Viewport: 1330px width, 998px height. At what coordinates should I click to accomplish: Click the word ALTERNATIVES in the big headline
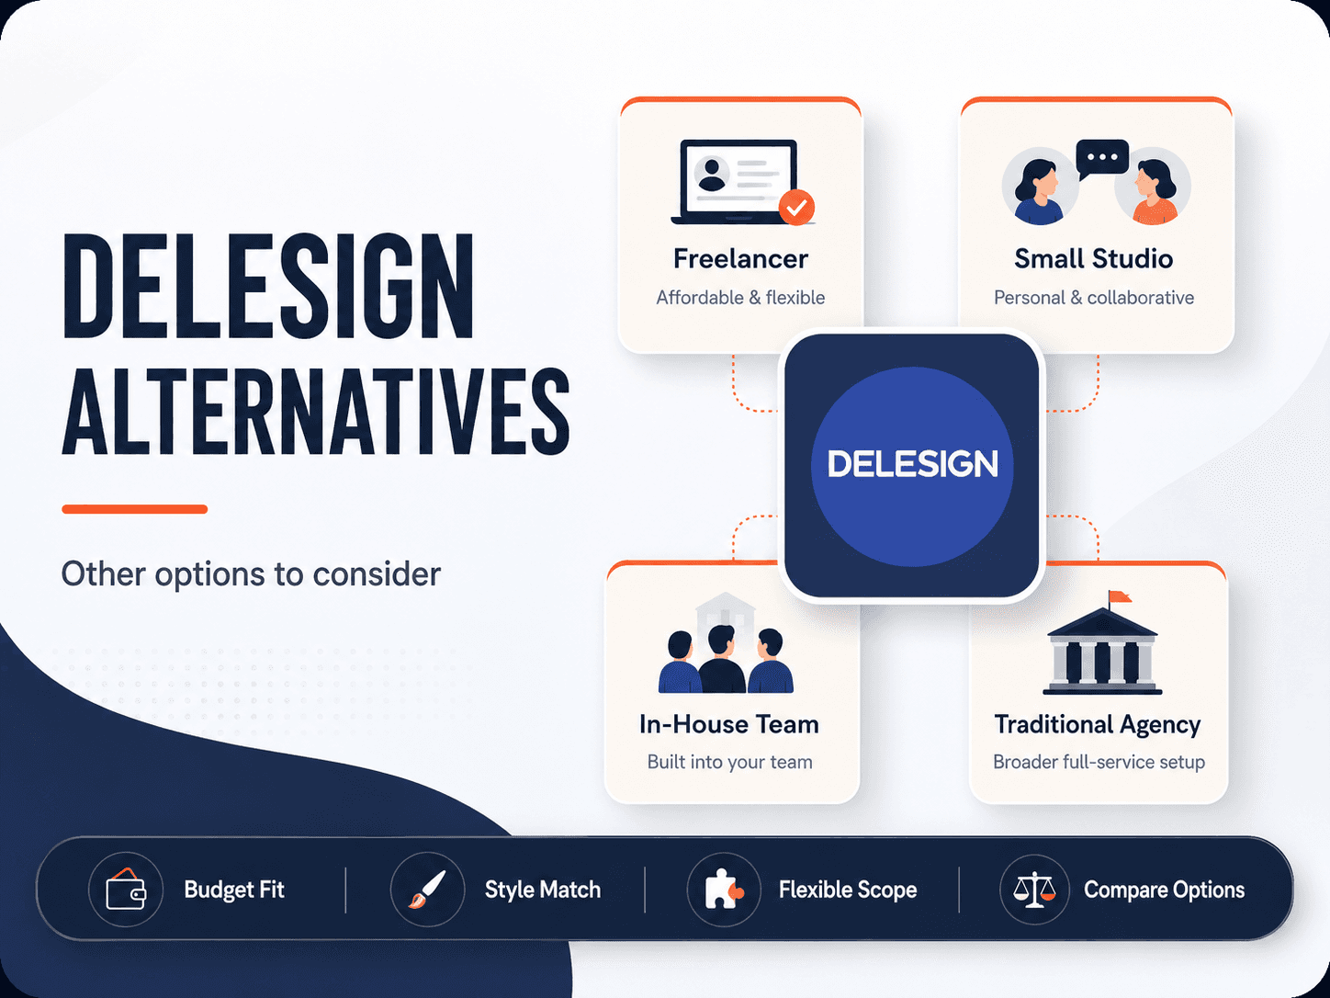(316, 412)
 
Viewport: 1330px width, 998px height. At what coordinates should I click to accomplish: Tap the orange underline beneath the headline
(134, 509)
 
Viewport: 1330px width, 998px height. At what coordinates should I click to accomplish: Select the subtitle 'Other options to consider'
(251, 574)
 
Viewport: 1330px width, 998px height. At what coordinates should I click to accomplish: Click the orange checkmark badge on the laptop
(796, 208)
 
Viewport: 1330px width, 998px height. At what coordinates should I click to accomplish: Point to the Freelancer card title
(740, 259)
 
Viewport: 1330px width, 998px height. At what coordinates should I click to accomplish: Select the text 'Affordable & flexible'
(740, 298)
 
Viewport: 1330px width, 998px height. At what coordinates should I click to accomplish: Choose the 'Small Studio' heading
(1094, 259)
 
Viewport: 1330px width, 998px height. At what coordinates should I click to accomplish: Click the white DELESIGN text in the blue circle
(912, 464)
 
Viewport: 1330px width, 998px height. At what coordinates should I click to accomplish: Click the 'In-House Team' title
(729, 725)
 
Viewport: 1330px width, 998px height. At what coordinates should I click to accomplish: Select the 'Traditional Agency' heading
(1098, 725)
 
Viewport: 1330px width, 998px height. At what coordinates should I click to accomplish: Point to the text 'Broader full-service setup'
(1099, 763)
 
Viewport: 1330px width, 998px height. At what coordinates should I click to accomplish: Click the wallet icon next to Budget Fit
(126, 889)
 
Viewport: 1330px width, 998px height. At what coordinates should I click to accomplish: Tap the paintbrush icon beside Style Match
(427, 890)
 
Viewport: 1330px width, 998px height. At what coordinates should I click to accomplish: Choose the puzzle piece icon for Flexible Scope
(724, 890)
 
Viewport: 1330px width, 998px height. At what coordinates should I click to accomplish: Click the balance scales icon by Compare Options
(1035, 890)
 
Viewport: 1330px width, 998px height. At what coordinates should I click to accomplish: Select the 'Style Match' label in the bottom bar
(543, 890)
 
